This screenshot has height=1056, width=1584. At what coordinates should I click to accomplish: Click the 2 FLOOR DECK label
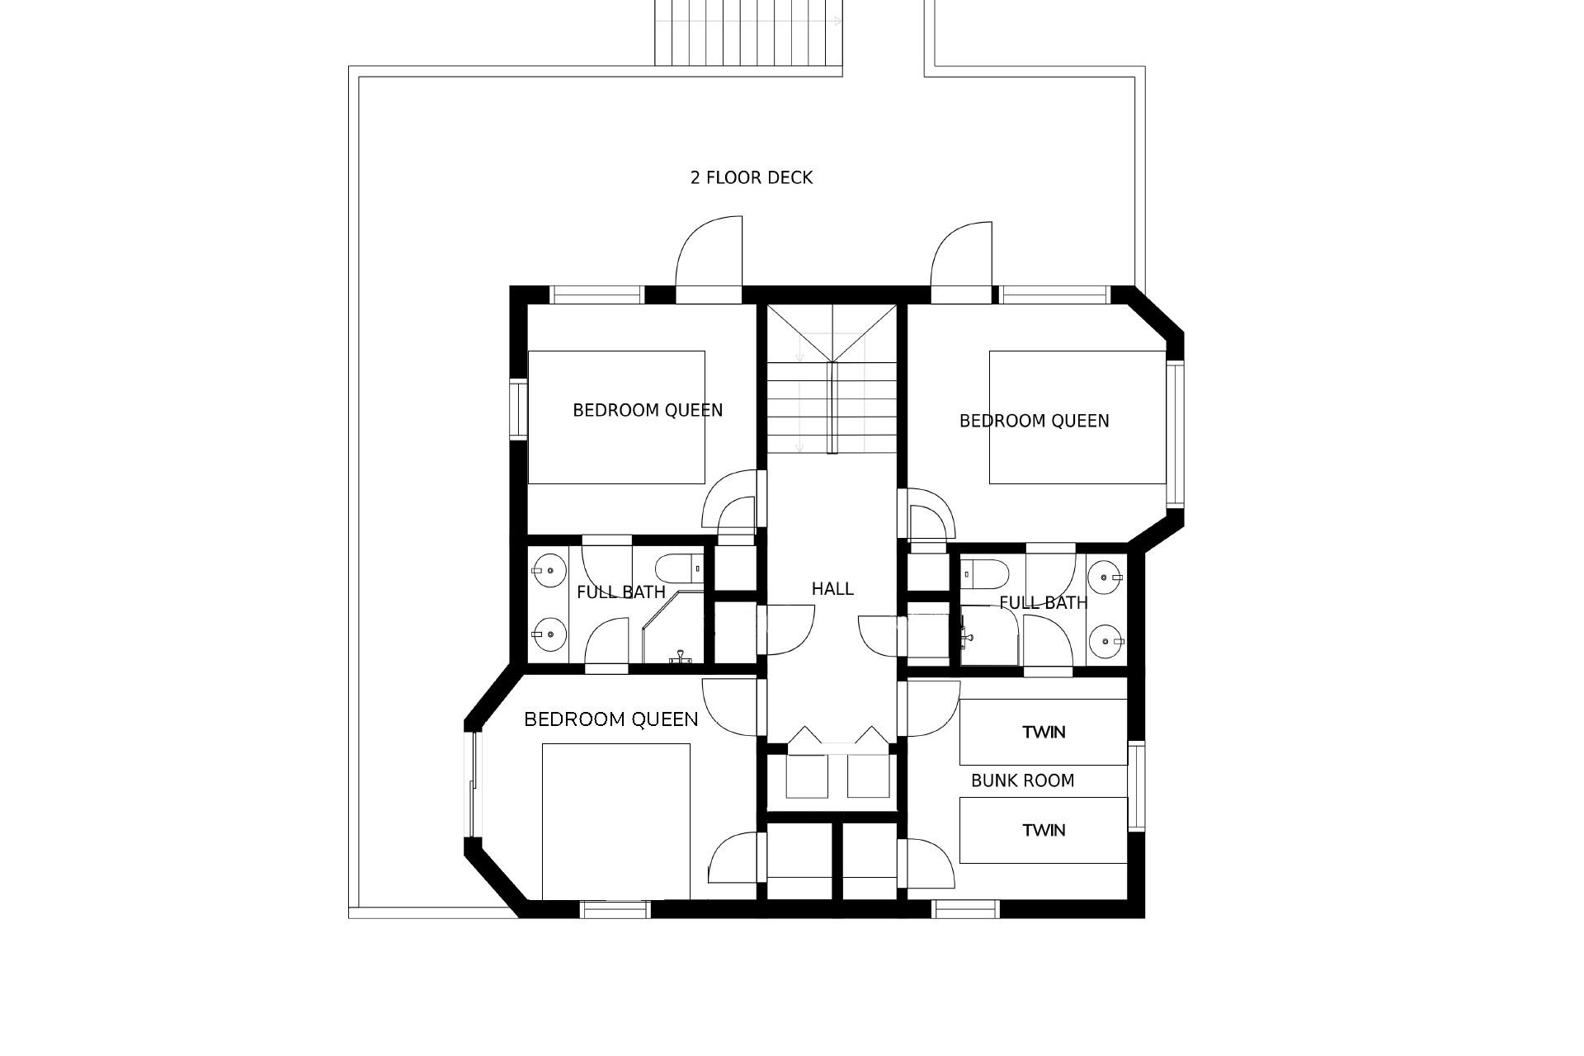(752, 177)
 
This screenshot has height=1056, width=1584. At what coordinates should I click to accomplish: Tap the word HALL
(832, 589)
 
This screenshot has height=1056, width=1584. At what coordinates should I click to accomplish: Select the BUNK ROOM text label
(1023, 780)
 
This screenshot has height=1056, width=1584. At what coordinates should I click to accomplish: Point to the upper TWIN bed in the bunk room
(1044, 732)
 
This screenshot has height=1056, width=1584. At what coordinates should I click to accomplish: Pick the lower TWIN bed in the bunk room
(1044, 830)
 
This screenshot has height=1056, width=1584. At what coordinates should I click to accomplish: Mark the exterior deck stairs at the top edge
(748, 32)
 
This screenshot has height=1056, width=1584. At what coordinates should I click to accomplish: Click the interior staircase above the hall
(832, 379)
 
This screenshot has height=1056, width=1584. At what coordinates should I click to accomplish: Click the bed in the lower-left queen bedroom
(615, 822)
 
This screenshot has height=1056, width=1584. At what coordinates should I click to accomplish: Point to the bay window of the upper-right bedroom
(1175, 434)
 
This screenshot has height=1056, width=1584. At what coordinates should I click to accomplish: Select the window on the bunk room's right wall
(1136, 787)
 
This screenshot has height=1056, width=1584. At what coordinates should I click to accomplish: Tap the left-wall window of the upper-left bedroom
(518, 408)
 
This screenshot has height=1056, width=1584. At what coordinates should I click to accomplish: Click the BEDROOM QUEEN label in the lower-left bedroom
(611, 719)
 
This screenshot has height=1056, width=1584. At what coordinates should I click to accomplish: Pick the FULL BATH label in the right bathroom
(1044, 603)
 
